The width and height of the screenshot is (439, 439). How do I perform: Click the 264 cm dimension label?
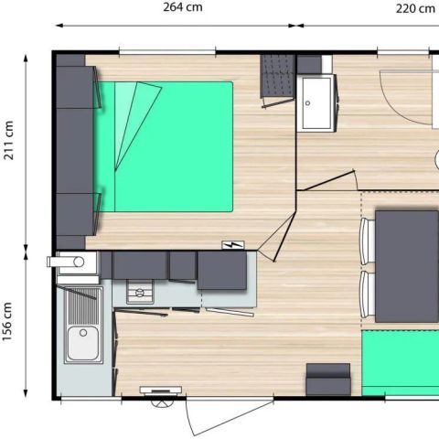coord(183,7)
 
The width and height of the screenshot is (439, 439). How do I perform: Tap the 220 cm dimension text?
coord(415,8)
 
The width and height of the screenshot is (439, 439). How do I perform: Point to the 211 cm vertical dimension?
coord(9,140)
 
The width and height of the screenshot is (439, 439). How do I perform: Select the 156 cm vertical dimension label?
coord(7,322)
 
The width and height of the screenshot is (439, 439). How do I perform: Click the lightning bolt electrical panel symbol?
coord(233,244)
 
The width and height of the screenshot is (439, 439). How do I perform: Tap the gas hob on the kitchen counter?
coord(140,293)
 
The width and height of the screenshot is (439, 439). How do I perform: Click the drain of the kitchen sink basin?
coord(83,333)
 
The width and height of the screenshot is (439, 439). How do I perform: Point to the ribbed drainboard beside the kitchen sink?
coord(83,306)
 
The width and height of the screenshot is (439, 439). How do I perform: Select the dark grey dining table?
coord(407,266)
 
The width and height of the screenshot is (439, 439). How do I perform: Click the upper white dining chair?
coord(368,241)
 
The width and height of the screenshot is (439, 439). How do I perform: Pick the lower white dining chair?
coord(368,294)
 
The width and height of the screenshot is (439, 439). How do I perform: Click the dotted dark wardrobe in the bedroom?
coord(277,77)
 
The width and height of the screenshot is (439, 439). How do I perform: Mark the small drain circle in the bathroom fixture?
coord(307,103)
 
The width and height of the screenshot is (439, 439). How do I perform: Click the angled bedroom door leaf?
coord(284,237)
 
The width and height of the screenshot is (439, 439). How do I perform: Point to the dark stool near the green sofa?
coord(328,380)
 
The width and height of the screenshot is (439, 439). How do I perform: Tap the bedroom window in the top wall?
coord(167,52)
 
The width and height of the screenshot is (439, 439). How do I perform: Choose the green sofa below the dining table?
coord(401,363)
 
